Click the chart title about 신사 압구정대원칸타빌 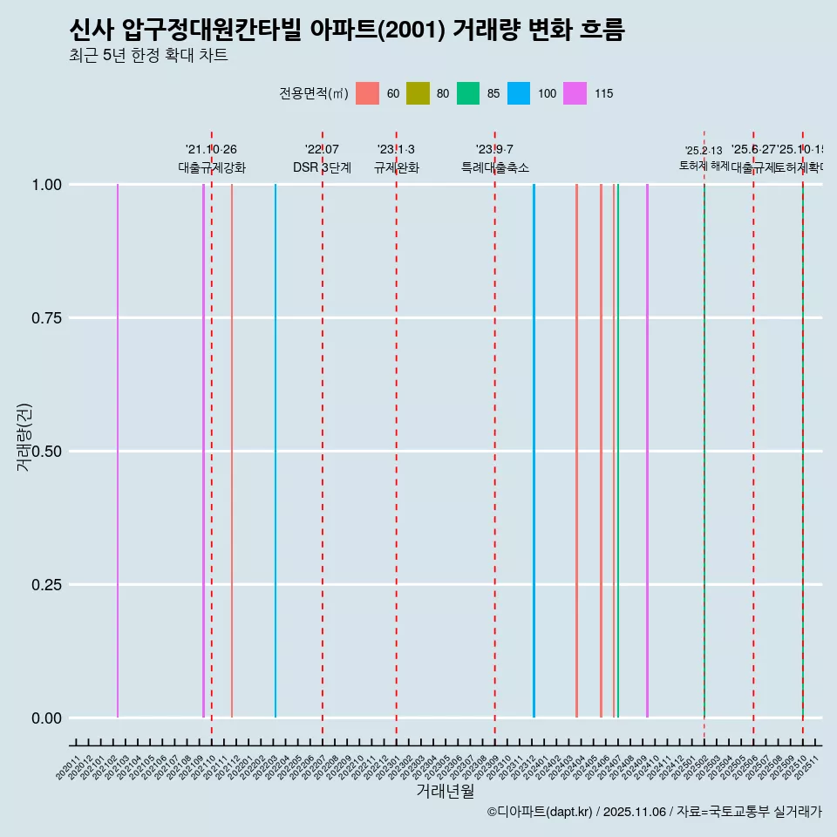pyautogui.click(x=346, y=31)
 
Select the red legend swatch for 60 pyautogui.click(x=367, y=93)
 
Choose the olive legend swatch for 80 pyautogui.click(x=418, y=93)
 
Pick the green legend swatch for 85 pyautogui.click(x=468, y=93)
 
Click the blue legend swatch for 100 pyautogui.click(x=519, y=93)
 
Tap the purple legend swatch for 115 pyautogui.click(x=575, y=93)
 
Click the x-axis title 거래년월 pyautogui.click(x=445, y=791)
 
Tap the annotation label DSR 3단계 pyautogui.click(x=322, y=167)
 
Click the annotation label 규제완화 pyautogui.click(x=397, y=167)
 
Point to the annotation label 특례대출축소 pyautogui.click(x=495, y=167)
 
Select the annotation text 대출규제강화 pyautogui.click(x=212, y=167)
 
